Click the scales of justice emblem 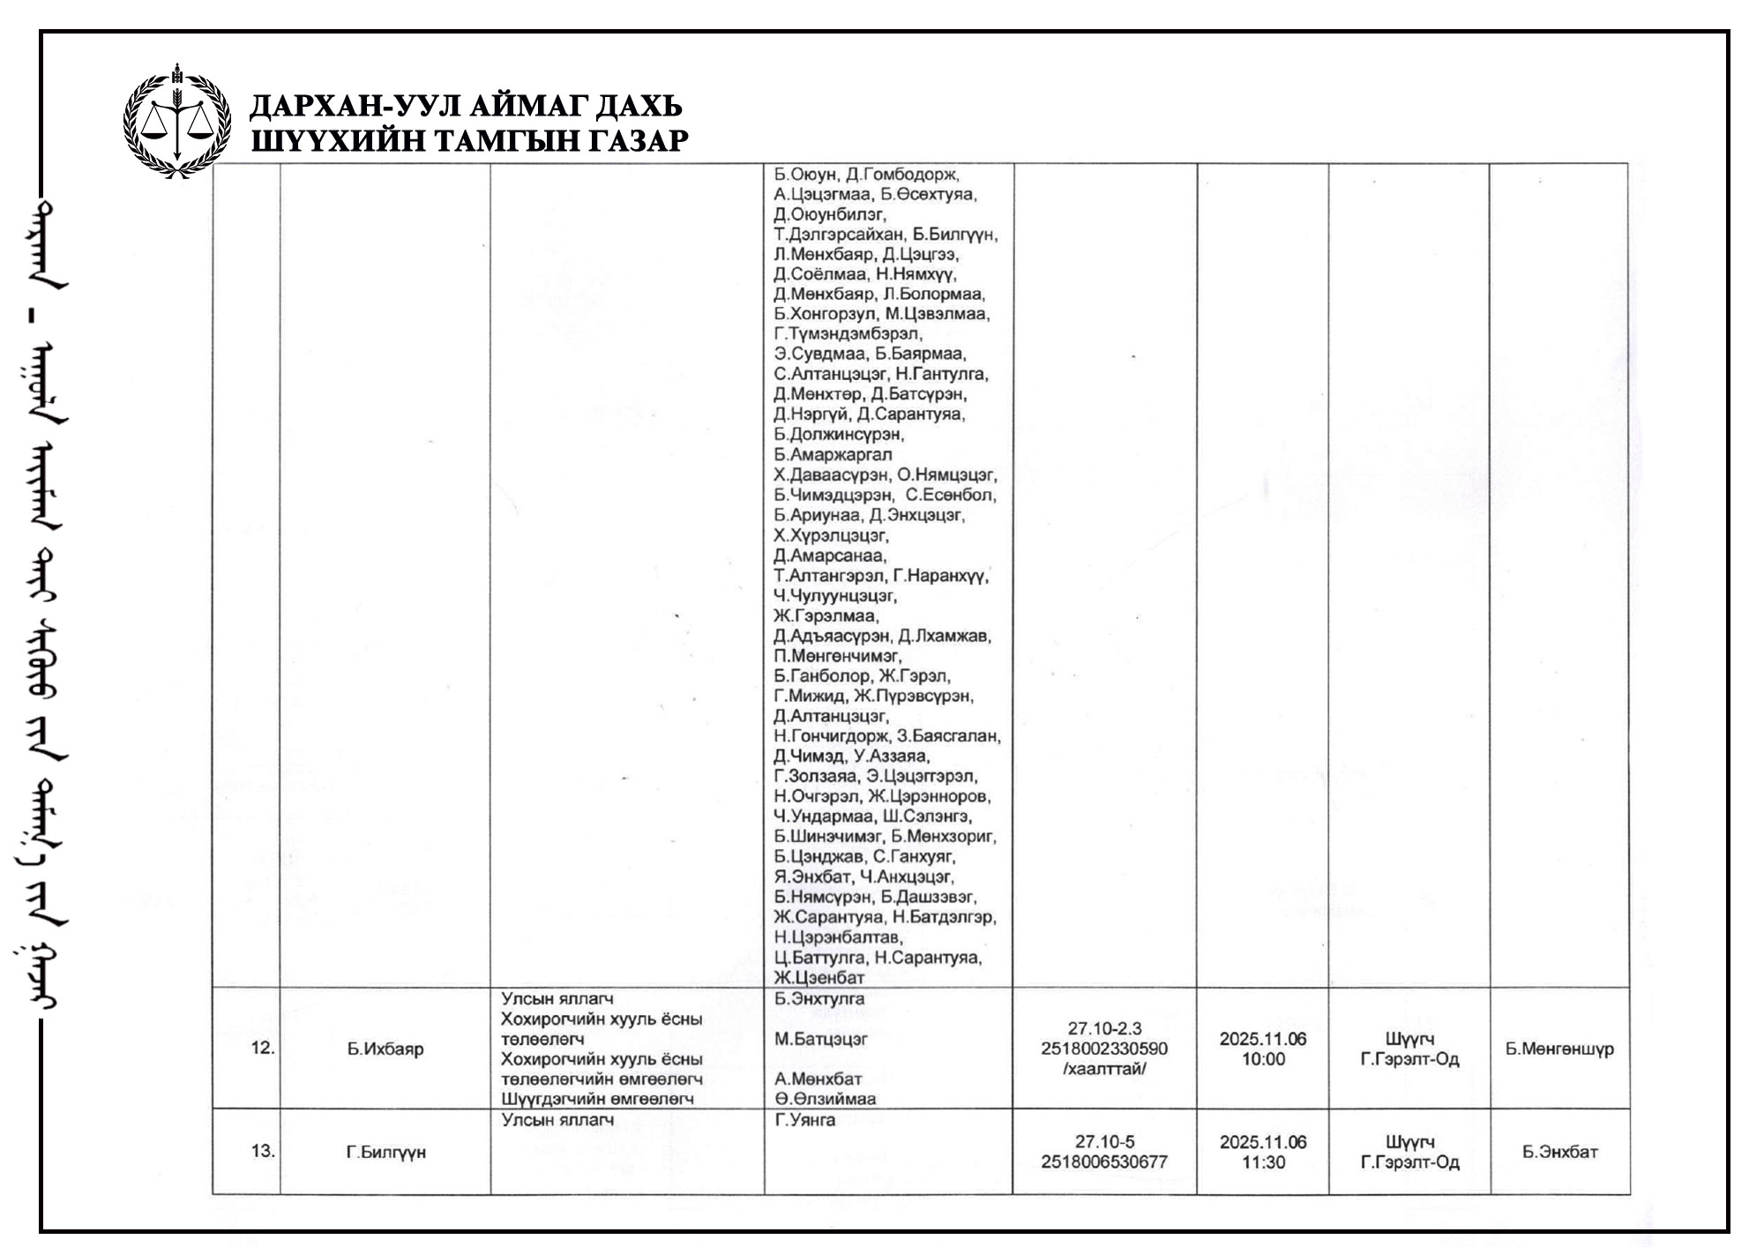tap(177, 121)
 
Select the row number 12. tap(263, 1049)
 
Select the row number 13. tap(263, 1151)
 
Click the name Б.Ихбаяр tap(385, 1049)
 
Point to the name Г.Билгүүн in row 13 tap(385, 1152)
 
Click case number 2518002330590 tap(1104, 1049)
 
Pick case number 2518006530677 tap(1104, 1161)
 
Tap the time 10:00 tap(1263, 1059)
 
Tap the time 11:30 tap(1263, 1162)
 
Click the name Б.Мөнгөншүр tap(1559, 1049)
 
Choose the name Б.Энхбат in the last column tap(1559, 1152)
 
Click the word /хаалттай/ tap(1104, 1069)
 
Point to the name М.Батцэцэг tap(821, 1039)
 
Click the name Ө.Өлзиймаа tap(825, 1099)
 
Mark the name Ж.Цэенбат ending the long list tap(818, 977)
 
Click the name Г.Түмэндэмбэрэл tap(848, 333)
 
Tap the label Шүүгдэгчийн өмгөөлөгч tap(597, 1099)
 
